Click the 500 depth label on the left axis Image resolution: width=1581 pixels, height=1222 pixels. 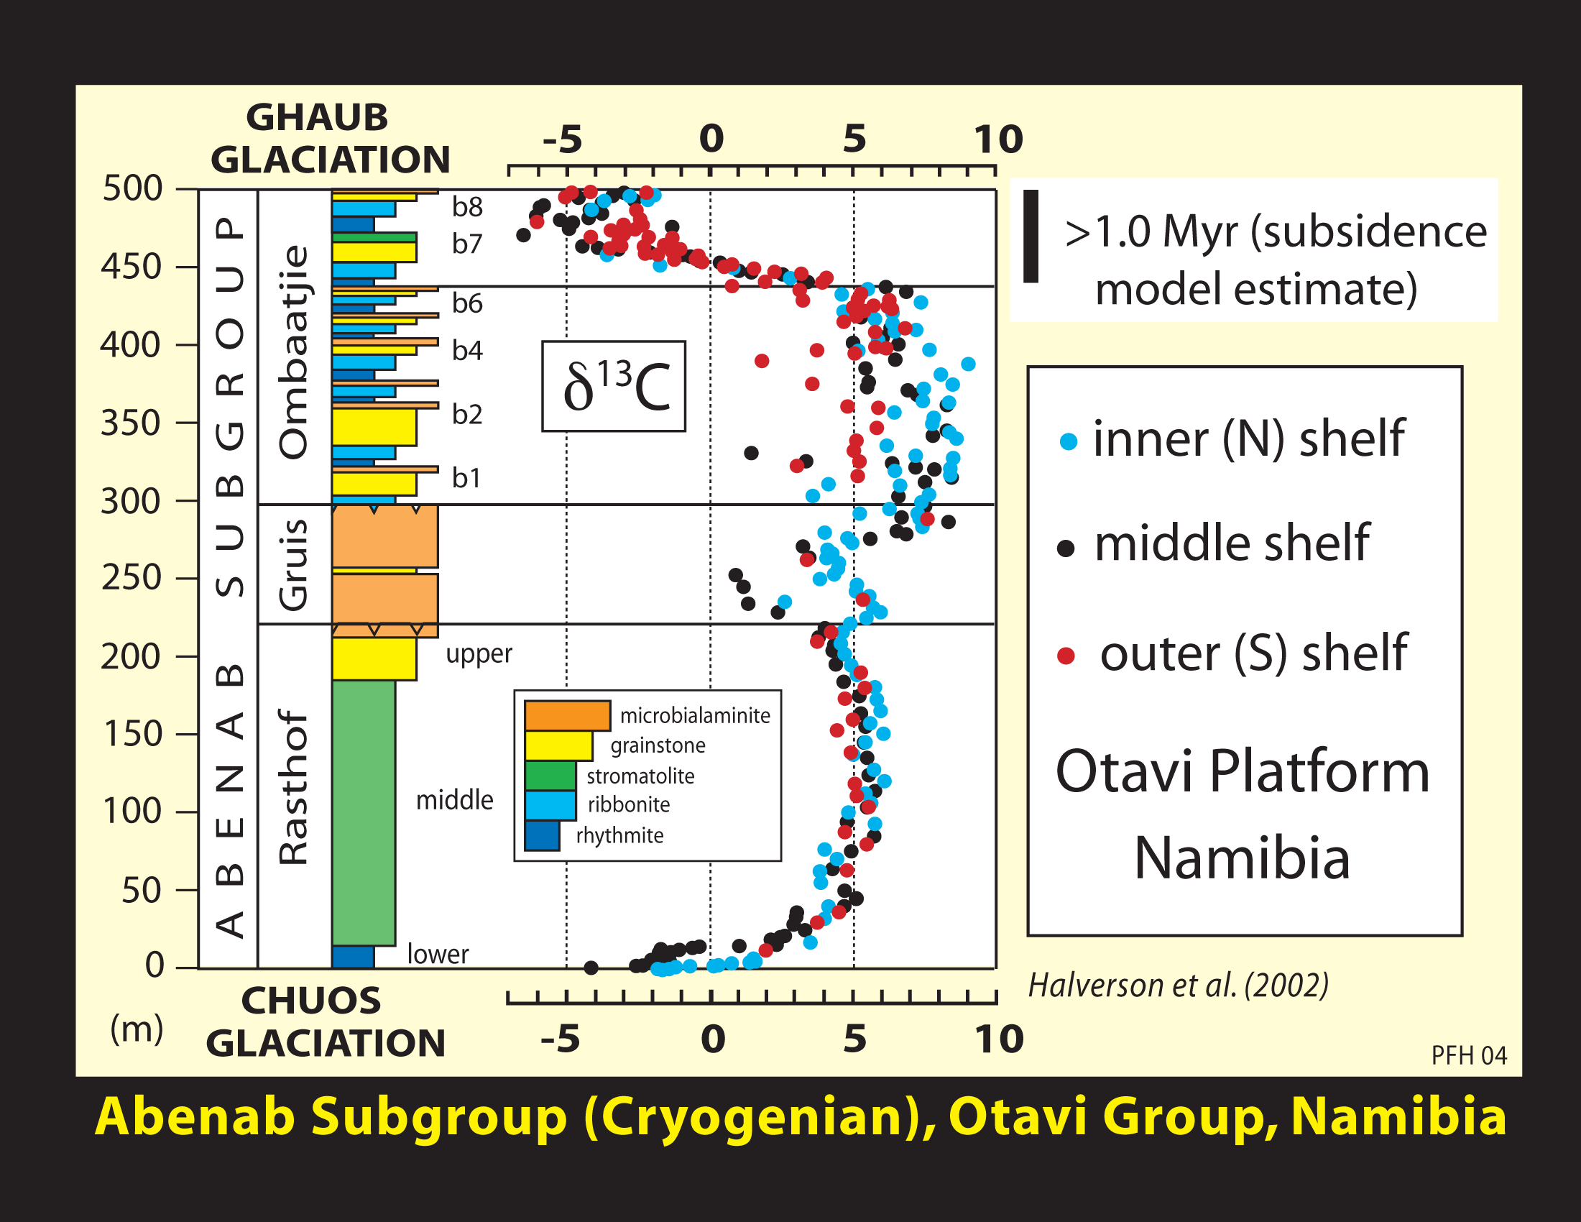132,189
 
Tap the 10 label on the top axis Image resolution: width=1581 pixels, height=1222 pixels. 997,139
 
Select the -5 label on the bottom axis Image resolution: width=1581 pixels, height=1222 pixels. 561,1039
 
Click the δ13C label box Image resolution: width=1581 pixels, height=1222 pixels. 614,387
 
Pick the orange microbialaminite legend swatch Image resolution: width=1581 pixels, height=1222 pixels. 567,715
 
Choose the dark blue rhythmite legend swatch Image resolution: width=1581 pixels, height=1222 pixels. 542,835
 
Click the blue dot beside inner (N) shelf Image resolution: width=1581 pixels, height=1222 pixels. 1068,441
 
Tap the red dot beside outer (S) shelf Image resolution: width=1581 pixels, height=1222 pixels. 1066,656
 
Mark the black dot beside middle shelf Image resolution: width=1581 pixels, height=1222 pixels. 1066,548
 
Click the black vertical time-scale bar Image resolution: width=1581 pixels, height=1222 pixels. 1031,236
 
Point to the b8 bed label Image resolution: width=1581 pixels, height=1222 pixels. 467,207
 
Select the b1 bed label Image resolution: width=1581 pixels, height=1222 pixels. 466,478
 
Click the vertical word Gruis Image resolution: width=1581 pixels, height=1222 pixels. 294,565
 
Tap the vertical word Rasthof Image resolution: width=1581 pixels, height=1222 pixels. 294,787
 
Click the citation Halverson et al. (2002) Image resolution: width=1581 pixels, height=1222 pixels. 1178,986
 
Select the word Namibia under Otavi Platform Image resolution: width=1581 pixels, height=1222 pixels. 1242,858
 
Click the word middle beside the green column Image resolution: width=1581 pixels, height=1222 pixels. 454,800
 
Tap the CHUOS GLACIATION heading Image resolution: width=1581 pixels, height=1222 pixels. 325,1022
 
